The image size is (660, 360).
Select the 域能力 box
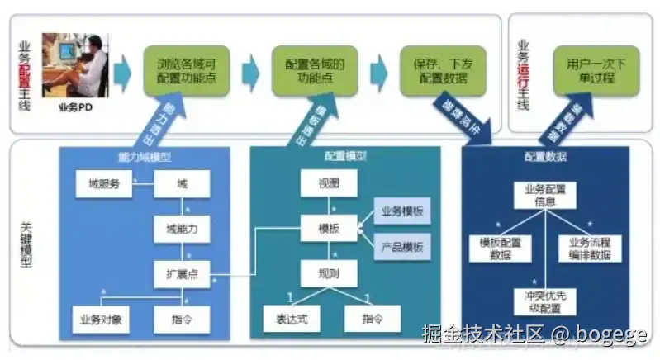point(182,229)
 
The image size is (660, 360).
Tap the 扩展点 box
point(182,273)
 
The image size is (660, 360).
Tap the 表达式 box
point(290,318)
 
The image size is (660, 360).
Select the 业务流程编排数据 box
point(590,249)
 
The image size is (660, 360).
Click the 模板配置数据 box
point(501,249)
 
